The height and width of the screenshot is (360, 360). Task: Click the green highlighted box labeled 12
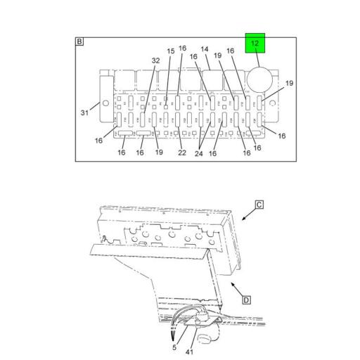coord(255,44)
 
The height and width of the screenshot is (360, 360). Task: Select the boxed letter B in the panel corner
coord(79,43)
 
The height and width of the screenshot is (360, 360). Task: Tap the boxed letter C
coord(258,205)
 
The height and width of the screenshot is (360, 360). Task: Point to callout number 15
coord(170,51)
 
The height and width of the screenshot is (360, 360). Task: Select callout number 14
coord(205,49)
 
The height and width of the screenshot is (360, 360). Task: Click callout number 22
coord(181,153)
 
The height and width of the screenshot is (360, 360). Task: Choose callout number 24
coord(200,153)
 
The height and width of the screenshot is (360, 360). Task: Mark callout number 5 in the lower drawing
coord(174,347)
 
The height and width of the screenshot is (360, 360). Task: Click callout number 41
coord(189,352)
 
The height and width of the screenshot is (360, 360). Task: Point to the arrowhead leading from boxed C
coord(243,219)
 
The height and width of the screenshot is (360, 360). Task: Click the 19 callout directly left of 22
coord(159,153)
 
